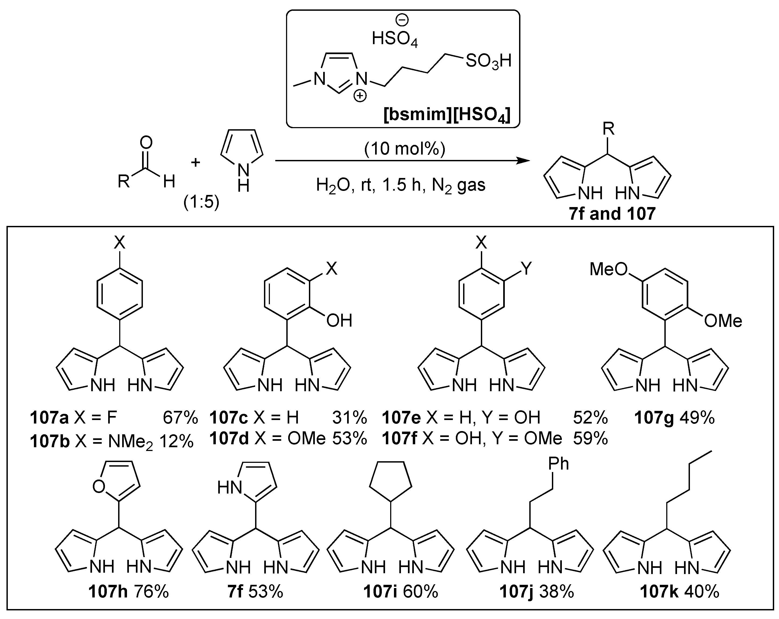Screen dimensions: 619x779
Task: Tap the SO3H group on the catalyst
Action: [488, 61]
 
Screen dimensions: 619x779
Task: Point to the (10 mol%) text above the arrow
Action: [405, 149]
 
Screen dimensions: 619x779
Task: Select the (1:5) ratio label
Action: [201, 202]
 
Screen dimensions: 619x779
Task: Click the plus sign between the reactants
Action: [195, 162]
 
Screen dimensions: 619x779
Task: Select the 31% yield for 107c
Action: [349, 418]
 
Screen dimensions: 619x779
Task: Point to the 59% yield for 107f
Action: [590, 439]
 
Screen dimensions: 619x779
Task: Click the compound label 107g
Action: [654, 418]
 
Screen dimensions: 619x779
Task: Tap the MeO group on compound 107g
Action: [608, 269]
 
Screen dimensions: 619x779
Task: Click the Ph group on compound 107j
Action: [559, 464]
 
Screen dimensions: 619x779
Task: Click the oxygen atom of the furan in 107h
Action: [99, 487]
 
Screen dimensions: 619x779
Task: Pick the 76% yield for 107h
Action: [151, 592]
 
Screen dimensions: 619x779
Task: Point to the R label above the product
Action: [608, 129]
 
